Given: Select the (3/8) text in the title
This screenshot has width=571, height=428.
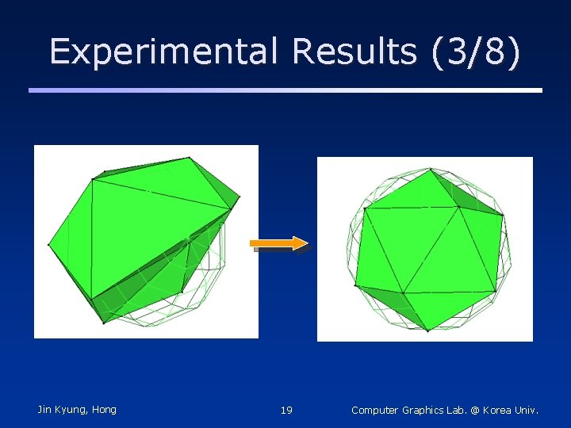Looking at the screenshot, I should pos(477,52).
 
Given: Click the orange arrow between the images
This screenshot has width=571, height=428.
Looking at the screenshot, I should pos(278,243).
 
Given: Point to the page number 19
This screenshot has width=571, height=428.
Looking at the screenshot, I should pos(286,411).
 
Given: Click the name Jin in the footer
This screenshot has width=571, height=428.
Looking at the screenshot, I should pos(45,410).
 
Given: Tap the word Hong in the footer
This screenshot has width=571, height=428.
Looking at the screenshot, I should pos(104,410).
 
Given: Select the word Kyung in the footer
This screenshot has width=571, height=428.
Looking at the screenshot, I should pos(72,410).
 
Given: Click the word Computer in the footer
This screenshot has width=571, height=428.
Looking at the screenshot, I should pos(377,411).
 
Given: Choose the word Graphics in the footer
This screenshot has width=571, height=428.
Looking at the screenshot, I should pos(426,411).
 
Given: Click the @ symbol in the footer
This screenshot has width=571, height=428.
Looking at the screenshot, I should pos(475,411).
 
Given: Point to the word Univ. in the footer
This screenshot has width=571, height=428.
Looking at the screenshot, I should pos(527,411).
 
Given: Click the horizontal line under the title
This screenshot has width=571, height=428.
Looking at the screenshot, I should pos(285,90).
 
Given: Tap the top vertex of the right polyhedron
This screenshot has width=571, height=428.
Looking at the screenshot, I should pos(430,169).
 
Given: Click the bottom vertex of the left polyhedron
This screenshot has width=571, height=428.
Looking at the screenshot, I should pos(104,323).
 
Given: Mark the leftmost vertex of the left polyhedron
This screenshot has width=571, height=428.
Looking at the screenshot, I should pos(49,244).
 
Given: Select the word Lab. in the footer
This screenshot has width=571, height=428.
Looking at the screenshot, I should pos(459,411).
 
